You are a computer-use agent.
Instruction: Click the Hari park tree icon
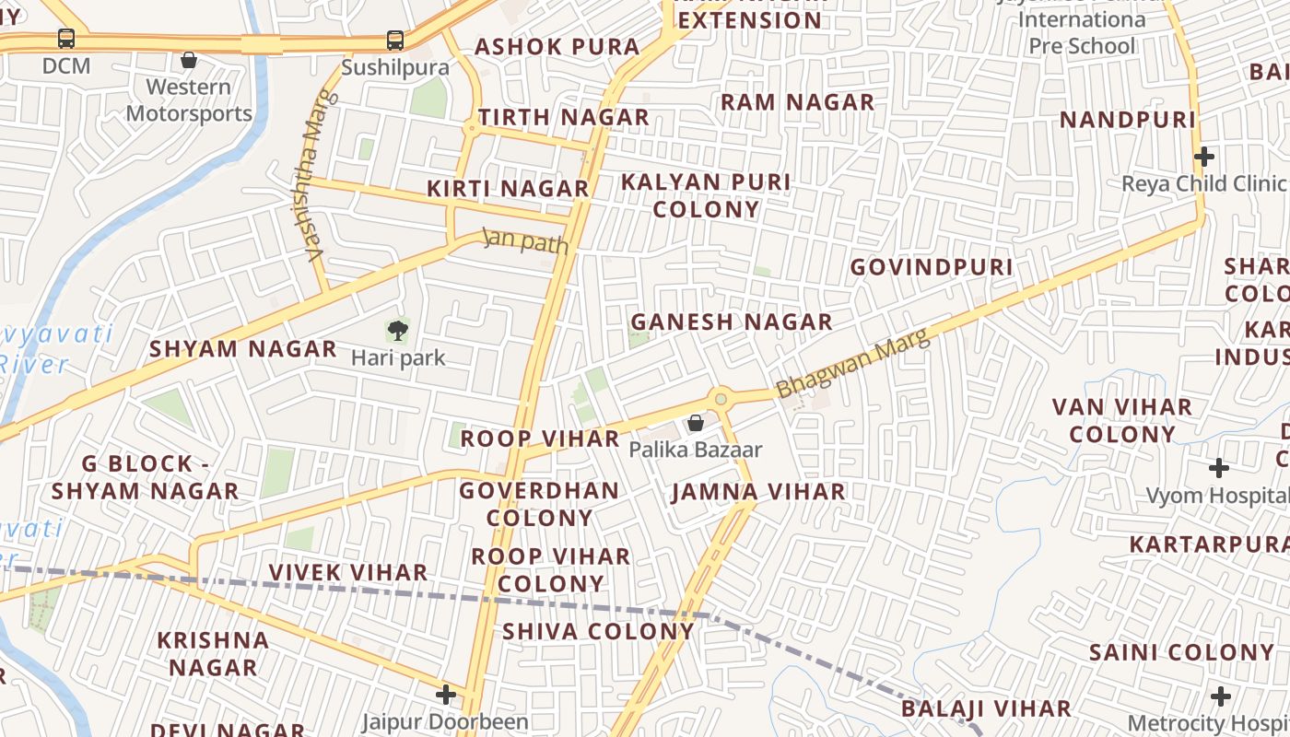click(x=397, y=330)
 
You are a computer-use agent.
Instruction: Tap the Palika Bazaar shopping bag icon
click(x=696, y=423)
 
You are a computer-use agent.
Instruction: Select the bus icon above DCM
click(x=66, y=40)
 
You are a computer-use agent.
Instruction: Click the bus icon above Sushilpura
click(x=395, y=41)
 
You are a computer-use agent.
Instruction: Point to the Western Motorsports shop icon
click(x=189, y=60)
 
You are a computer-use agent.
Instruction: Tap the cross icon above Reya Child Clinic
click(x=1203, y=157)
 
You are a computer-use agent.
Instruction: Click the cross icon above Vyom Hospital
click(x=1218, y=468)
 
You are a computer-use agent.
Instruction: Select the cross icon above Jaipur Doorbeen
click(x=446, y=694)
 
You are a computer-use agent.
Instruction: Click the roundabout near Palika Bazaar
click(x=721, y=399)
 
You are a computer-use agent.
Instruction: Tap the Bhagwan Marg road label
click(x=853, y=367)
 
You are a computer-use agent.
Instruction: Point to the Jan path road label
click(x=526, y=240)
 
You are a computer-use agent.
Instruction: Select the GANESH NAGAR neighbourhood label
click(x=731, y=322)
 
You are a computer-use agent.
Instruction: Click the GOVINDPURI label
click(x=931, y=267)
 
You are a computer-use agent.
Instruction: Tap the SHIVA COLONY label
click(x=598, y=632)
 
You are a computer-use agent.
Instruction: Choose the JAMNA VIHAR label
click(x=758, y=492)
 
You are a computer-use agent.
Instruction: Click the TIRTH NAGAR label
click(x=563, y=118)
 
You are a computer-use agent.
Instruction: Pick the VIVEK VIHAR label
click(x=348, y=573)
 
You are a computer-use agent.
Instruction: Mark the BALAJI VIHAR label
click(x=986, y=709)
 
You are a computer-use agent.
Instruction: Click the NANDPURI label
click(x=1127, y=120)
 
